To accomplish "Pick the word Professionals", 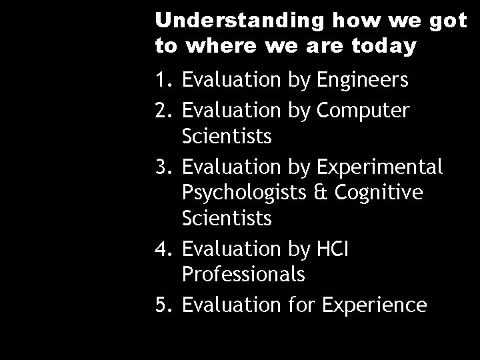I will click(x=243, y=274).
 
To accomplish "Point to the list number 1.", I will click(x=161, y=81).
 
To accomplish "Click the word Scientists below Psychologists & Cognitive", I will click(x=226, y=218).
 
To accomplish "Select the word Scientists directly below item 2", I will click(x=226, y=137).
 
